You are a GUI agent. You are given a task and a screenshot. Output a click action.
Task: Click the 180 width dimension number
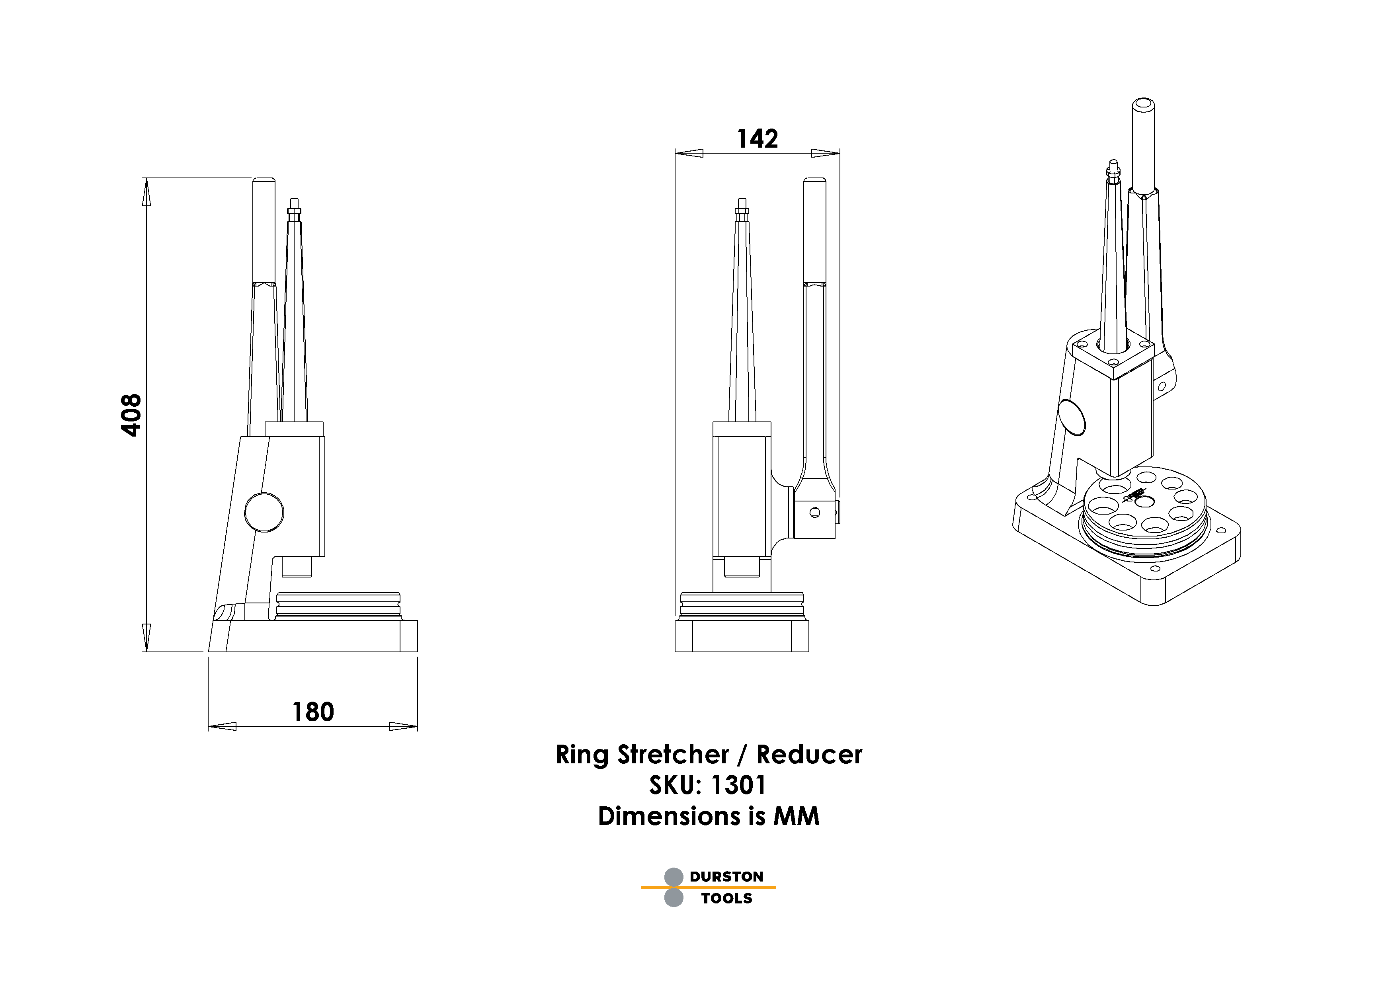[x=313, y=712]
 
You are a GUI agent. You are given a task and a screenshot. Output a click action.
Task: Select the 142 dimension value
[x=757, y=139]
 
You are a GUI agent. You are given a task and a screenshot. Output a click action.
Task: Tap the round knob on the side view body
[x=264, y=512]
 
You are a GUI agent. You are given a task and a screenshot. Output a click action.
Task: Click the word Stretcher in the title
[x=673, y=755]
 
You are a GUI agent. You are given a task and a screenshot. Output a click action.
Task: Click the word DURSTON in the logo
[x=726, y=876]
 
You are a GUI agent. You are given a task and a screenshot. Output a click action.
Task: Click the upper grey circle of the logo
[x=674, y=877]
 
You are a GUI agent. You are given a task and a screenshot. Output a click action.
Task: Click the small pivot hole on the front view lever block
[x=815, y=512]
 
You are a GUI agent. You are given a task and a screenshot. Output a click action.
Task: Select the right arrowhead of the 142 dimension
[x=826, y=153]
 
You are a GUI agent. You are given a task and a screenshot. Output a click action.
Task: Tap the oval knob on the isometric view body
[x=1071, y=417]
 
